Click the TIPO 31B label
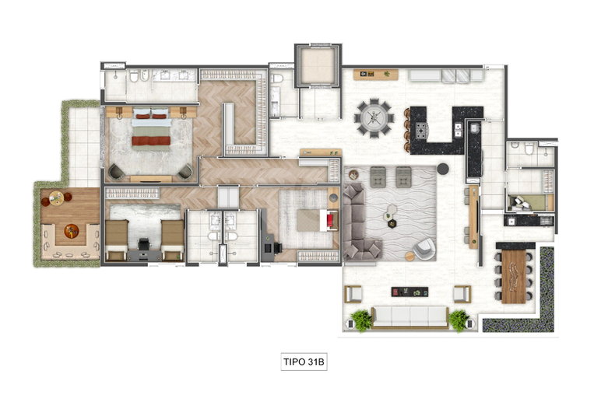coord(304,362)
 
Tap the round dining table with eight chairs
coord(374,118)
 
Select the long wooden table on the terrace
coord(514,275)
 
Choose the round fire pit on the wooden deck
coord(72,231)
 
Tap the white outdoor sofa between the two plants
coord(409,317)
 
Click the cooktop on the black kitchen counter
coord(421,130)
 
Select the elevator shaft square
coord(318,65)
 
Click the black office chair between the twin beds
coord(144,243)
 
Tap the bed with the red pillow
coord(318,220)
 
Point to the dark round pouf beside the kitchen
coord(443,169)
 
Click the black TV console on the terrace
coord(409,292)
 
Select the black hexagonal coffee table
coord(392,224)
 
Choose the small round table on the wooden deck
coord(56,198)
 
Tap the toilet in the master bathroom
coord(134,77)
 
